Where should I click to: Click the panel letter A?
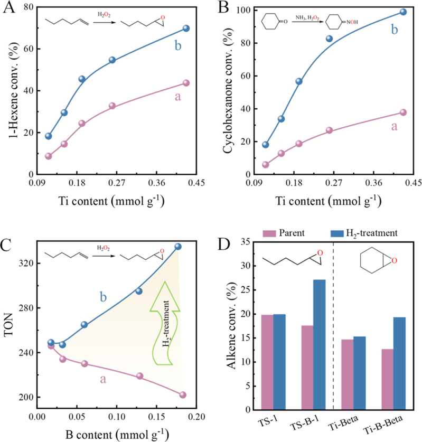point(10,10)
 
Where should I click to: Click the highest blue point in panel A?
point(186,28)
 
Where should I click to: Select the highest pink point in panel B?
point(403,112)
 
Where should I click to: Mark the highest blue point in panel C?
point(178,247)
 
